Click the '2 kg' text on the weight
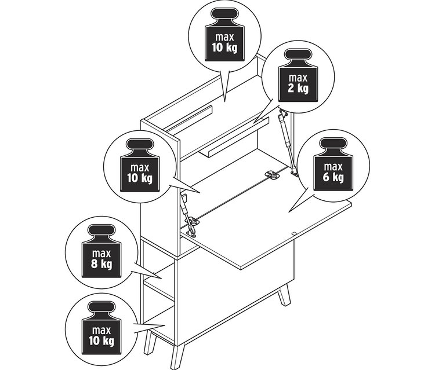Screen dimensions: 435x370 click(x=298, y=89)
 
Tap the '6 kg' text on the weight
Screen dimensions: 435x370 click(x=333, y=177)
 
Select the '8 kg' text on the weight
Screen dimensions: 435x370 click(x=101, y=263)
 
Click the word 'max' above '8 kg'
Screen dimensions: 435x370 click(x=101, y=254)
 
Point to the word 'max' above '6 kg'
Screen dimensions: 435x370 click(x=333, y=167)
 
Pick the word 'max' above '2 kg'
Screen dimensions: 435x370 click(x=298, y=78)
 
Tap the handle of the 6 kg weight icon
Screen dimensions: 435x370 click(x=333, y=144)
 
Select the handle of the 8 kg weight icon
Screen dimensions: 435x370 click(x=101, y=230)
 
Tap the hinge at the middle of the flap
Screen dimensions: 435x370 click(x=271, y=174)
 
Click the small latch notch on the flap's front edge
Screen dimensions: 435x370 click(x=294, y=233)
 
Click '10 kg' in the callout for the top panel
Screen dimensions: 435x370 click(x=224, y=47)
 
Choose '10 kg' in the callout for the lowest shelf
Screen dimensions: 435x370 click(x=101, y=340)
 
